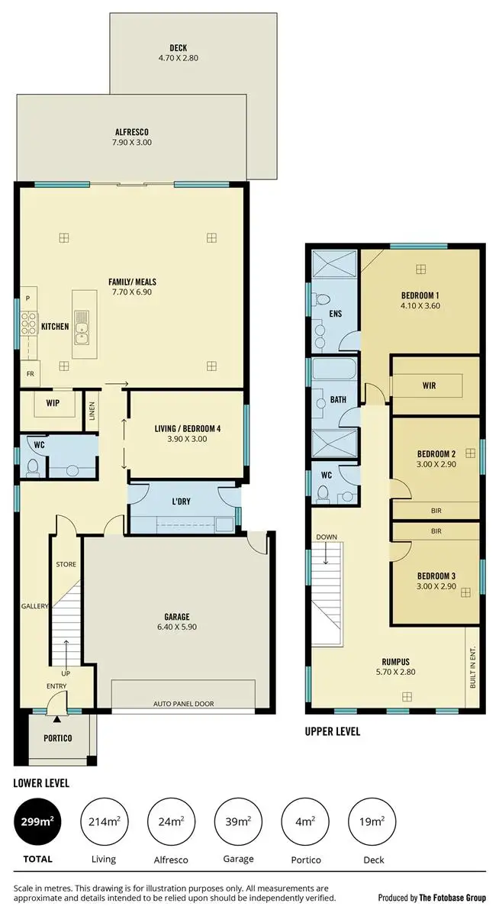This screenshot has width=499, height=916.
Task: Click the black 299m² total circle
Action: tap(38, 822)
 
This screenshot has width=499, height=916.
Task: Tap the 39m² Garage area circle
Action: tap(238, 822)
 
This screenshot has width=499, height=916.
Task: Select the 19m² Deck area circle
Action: tap(372, 822)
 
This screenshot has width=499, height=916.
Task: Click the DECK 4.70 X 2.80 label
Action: tap(178, 53)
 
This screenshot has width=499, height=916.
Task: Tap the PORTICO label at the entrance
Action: tap(57, 738)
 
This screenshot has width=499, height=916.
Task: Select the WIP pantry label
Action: tap(53, 402)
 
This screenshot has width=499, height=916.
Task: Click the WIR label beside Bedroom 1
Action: tap(429, 385)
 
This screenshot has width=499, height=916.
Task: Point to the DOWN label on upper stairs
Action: tap(326, 537)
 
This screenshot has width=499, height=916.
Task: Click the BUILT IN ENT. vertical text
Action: tap(473, 666)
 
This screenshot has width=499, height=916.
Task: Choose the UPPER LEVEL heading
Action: tap(333, 731)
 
